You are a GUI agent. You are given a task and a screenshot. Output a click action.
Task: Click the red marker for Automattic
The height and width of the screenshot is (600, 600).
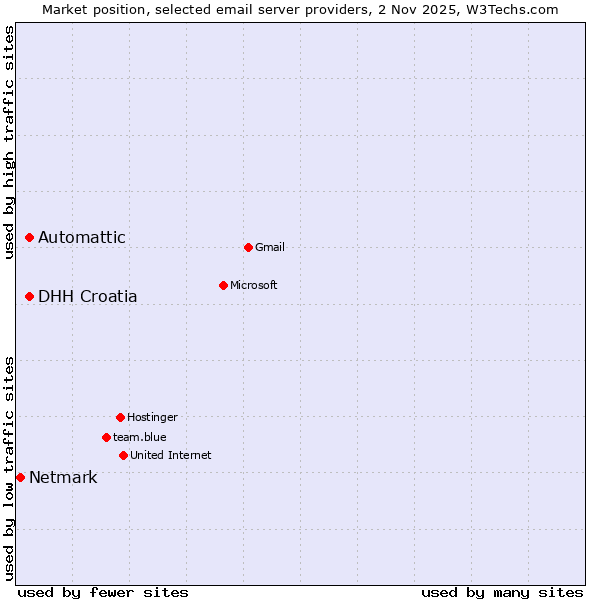30,237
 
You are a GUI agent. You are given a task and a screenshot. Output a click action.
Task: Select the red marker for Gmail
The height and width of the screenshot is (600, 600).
248,247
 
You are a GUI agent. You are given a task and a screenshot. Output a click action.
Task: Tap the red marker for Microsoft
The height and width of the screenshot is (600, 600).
223,285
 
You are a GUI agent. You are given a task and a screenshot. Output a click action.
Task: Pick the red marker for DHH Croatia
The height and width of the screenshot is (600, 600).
30,296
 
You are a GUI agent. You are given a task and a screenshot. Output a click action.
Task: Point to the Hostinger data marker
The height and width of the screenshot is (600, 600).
120,417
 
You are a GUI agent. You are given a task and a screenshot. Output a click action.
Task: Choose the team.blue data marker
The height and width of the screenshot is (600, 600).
106,437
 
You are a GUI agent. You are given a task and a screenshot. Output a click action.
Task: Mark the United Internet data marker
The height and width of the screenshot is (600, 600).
123,455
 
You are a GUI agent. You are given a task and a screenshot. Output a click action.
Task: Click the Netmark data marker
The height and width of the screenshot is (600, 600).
20,477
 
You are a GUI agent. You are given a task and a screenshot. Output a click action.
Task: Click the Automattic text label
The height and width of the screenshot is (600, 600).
82,237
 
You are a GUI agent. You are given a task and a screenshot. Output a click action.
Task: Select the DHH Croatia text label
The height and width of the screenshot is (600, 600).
88,296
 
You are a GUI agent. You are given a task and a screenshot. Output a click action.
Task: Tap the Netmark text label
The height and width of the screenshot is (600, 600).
63,477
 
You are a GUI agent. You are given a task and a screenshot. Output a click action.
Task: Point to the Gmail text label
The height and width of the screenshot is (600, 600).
270,247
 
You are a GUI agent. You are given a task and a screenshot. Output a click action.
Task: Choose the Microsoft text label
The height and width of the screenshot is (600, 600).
254,285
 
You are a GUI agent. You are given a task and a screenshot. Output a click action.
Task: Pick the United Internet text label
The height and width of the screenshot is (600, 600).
171,455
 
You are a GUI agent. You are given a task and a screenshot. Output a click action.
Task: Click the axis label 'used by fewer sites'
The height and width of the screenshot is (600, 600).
103,592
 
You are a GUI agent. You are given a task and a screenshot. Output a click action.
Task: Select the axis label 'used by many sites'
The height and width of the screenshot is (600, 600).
502,592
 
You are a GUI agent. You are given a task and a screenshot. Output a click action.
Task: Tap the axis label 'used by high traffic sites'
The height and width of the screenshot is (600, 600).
9,142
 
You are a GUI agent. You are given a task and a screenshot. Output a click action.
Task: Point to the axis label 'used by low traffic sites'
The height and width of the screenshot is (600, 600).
9,468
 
